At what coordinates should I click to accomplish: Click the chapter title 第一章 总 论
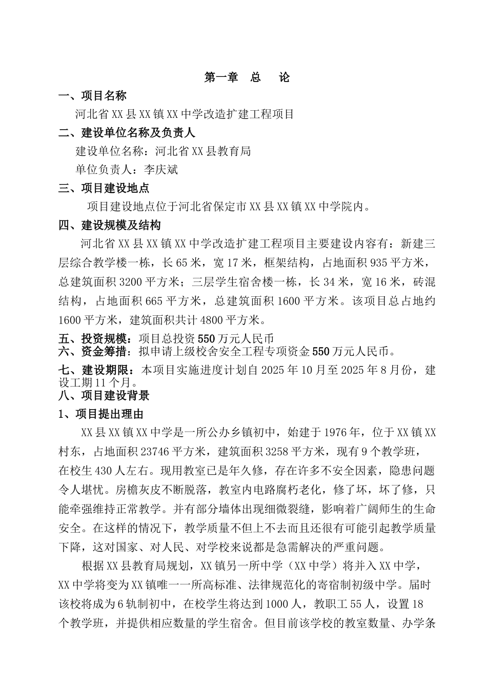pyautogui.click(x=247, y=77)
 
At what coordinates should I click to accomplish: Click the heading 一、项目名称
pyautogui.click(x=92, y=96)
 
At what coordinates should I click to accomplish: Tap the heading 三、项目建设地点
pyautogui.click(x=104, y=188)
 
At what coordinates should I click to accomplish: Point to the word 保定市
pyautogui.click(x=230, y=207)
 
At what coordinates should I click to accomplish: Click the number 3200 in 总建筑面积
pyautogui.click(x=130, y=282)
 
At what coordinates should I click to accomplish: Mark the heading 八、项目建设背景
pyautogui.click(x=104, y=396)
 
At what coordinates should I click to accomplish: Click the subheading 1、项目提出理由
pyautogui.click(x=100, y=414)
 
